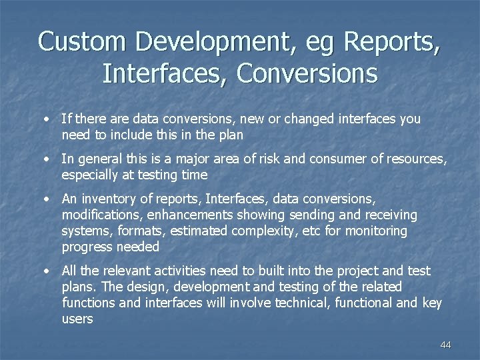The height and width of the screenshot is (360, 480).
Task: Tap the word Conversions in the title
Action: coord(307,73)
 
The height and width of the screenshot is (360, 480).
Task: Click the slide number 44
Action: coord(446,345)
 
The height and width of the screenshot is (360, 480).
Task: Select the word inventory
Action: coord(109,199)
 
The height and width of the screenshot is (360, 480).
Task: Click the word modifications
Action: coord(100,215)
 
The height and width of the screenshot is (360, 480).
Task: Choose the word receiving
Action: coord(385,215)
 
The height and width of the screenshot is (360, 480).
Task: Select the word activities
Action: coord(184,271)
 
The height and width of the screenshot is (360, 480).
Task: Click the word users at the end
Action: coord(77,319)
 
